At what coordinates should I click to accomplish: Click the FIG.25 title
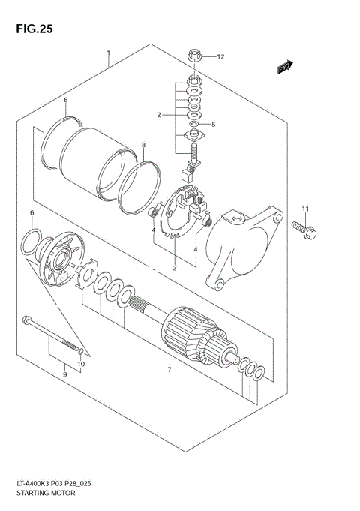[31, 28]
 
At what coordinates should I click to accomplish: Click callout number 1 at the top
[109, 53]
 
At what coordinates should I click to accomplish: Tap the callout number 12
[220, 56]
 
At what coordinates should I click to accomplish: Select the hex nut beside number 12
[193, 56]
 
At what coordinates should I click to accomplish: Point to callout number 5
[213, 125]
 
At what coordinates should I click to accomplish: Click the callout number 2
[159, 115]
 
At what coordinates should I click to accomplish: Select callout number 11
[305, 208]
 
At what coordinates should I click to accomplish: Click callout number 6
[32, 214]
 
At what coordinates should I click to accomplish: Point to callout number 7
[169, 369]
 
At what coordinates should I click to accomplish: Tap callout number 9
[64, 374]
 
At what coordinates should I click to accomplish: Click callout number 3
[174, 267]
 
